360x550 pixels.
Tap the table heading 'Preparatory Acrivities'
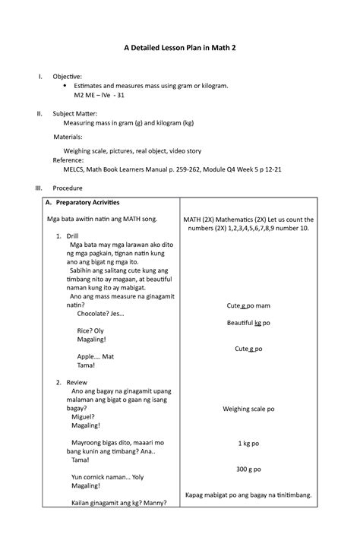92,202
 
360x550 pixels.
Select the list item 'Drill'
72,236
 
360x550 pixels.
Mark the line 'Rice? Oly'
90,331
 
